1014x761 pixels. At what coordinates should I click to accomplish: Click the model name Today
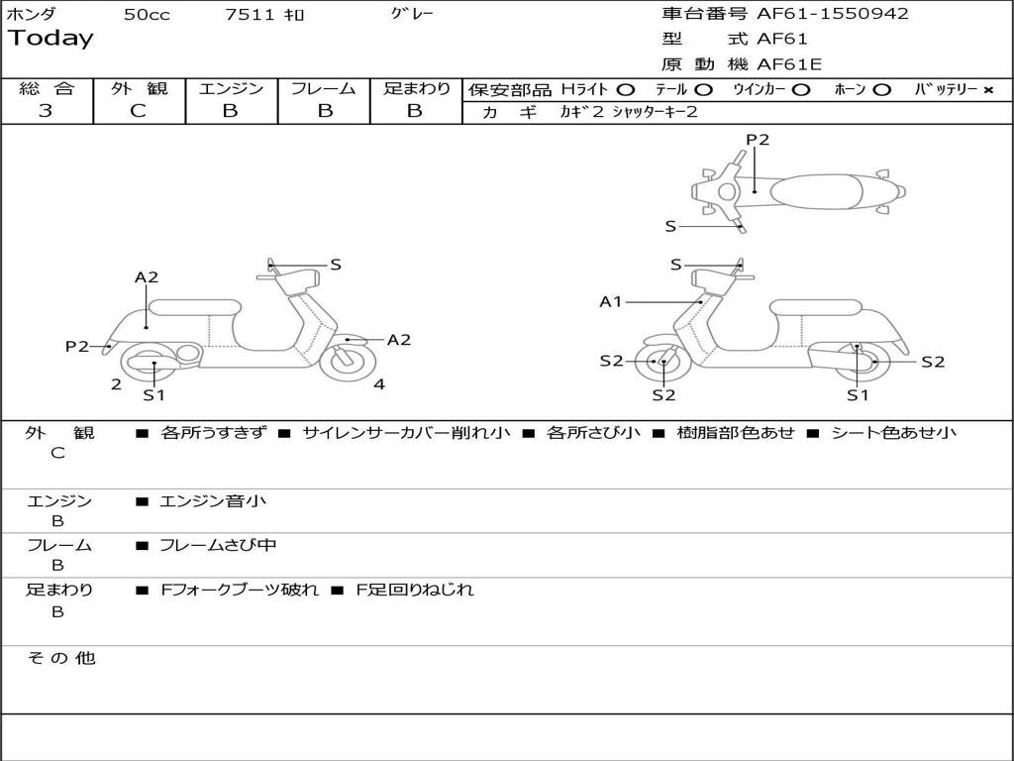point(51,39)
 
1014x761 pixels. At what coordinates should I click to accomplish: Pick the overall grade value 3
point(46,111)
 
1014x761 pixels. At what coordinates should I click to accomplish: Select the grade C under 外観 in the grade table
point(138,111)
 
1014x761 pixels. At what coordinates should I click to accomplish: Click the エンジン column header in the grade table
point(231,88)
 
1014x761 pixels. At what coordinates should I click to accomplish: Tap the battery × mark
point(987,89)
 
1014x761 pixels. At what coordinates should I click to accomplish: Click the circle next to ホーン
point(882,89)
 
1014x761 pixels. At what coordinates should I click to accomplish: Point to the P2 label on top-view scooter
point(758,140)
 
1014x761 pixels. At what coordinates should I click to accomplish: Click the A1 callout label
point(611,301)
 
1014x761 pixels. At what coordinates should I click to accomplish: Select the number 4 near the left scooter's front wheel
point(379,384)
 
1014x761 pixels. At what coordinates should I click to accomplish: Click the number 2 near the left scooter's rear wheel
point(116,384)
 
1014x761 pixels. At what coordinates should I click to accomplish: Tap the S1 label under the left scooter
point(153,395)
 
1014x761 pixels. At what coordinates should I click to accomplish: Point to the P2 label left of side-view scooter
point(77,346)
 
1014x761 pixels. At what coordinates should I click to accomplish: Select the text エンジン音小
point(213,501)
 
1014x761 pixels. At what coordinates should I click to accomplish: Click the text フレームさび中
point(218,545)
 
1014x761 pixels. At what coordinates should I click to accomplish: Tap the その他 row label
point(60,658)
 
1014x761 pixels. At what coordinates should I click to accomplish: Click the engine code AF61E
point(789,64)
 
